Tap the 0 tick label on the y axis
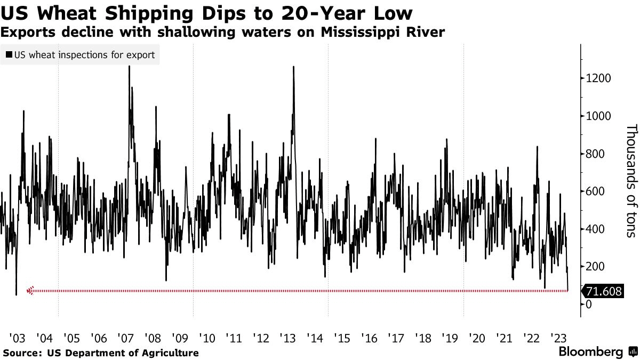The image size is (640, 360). click(x=589, y=305)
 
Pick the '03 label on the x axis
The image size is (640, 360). click(x=17, y=338)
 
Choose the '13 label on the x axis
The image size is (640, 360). click(x=288, y=338)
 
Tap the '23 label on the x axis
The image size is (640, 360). click(x=559, y=338)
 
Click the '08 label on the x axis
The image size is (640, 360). click(x=153, y=338)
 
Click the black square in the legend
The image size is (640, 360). click(x=9, y=54)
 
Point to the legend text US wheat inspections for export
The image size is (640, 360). click(x=84, y=54)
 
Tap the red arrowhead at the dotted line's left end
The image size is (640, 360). click(x=30, y=291)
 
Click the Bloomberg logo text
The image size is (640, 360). click(x=590, y=352)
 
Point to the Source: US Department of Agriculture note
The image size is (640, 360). click(x=101, y=353)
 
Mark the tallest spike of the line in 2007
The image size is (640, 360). click(x=130, y=66)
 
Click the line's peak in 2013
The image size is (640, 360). click(x=294, y=67)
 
